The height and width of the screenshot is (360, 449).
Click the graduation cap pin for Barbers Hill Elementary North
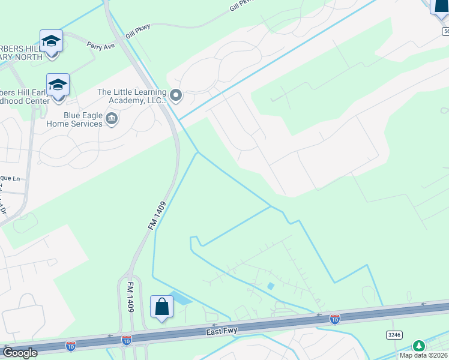click(51, 41)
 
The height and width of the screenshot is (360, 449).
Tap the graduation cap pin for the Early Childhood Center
click(58, 85)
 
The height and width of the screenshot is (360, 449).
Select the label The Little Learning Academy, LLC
click(131, 96)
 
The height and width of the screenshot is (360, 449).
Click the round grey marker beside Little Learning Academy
click(176, 95)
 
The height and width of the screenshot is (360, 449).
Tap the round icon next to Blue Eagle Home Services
click(111, 119)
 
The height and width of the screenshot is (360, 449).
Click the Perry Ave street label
click(100, 44)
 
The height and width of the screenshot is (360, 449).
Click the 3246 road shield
click(394, 334)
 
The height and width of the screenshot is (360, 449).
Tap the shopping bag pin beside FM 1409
click(161, 307)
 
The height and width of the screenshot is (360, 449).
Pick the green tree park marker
click(419, 346)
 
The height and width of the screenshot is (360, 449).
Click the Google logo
click(19, 353)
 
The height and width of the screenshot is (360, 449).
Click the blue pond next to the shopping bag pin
click(181, 298)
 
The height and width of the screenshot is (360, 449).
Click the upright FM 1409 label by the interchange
click(129, 295)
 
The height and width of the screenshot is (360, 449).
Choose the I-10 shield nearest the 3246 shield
click(335, 318)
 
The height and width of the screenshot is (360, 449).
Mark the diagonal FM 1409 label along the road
click(155, 214)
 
